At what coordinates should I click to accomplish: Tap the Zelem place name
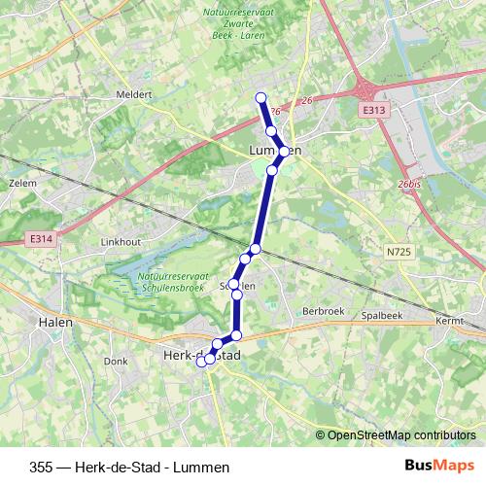pyautogui.click(x=21, y=182)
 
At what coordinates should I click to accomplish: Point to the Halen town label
pyautogui.click(x=52, y=320)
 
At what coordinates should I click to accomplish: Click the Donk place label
pyautogui.click(x=116, y=361)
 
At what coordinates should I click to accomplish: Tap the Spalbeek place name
pyautogui.click(x=382, y=317)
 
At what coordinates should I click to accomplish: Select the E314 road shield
pyautogui.click(x=41, y=238)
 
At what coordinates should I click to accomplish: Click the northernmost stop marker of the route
pyautogui.click(x=260, y=96)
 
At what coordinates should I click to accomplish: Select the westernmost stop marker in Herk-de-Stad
pyautogui.click(x=202, y=362)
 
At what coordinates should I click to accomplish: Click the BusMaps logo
pyautogui.click(x=438, y=466)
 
